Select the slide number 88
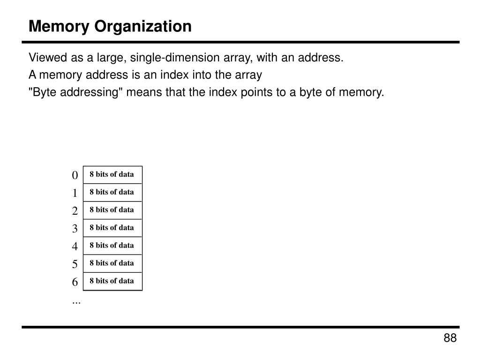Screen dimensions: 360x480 coord(450,338)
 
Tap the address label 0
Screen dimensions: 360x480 coord(75,175)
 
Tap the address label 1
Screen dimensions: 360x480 coord(75,193)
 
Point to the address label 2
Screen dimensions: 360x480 coord(75,211)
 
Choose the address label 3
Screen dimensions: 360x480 coord(75,229)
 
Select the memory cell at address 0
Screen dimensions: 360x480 coord(112,174)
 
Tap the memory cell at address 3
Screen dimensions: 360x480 coord(112,228)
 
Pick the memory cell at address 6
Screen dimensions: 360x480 coord(112,281)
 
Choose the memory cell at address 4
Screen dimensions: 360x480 coord(112,246)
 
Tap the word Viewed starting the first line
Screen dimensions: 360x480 coord(48,58)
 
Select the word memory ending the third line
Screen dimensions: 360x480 coord(363,92)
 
